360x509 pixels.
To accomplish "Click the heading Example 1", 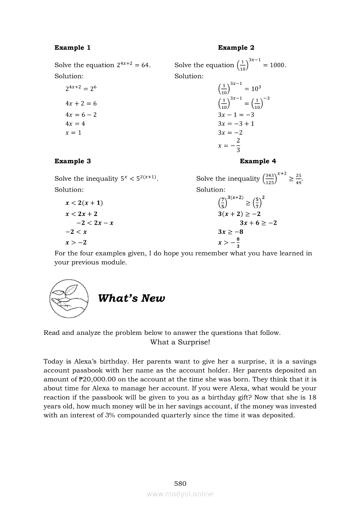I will pos(72,47).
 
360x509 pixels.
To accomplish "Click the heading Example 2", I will pos(236,47).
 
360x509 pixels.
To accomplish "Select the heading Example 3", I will pos(72,161).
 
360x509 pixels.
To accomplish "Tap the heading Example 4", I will pos(258,161).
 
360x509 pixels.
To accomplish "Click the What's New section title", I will pos(131,298).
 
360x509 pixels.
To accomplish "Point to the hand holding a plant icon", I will pos(68,298).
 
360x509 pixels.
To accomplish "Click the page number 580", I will pos(180,483).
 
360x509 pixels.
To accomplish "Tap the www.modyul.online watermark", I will pos(180,494).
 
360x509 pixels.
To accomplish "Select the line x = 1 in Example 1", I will pos(73,132).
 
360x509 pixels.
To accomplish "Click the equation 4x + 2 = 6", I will pos(81,104).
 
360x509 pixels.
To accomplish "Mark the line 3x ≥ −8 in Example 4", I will pos(231,232).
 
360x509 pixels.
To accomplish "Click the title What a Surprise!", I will pos(180,342).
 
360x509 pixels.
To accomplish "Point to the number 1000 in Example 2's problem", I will pos(277,65).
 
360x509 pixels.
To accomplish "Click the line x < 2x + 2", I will pos(82,214).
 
